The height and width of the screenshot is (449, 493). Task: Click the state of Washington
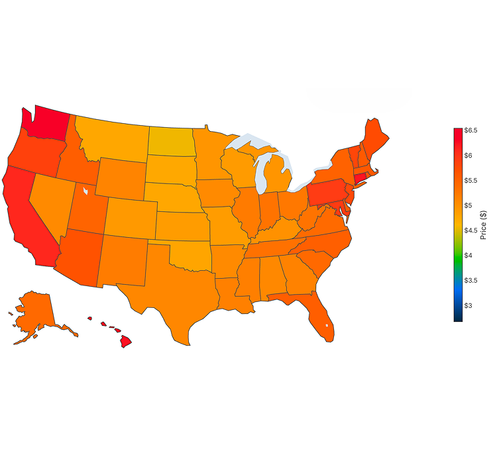pos(50,123)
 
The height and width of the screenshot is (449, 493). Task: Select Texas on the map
pos(176,291)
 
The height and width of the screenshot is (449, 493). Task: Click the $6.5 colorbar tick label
pos(470,130)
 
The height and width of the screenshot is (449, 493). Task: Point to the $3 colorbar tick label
pos(468,305)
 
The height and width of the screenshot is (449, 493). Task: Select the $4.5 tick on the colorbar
pos(470,230)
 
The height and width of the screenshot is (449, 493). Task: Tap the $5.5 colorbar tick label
pos(470,180)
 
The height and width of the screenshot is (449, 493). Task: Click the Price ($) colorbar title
pos(484,225)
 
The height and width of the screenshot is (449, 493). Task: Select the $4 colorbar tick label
pos(468,255)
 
